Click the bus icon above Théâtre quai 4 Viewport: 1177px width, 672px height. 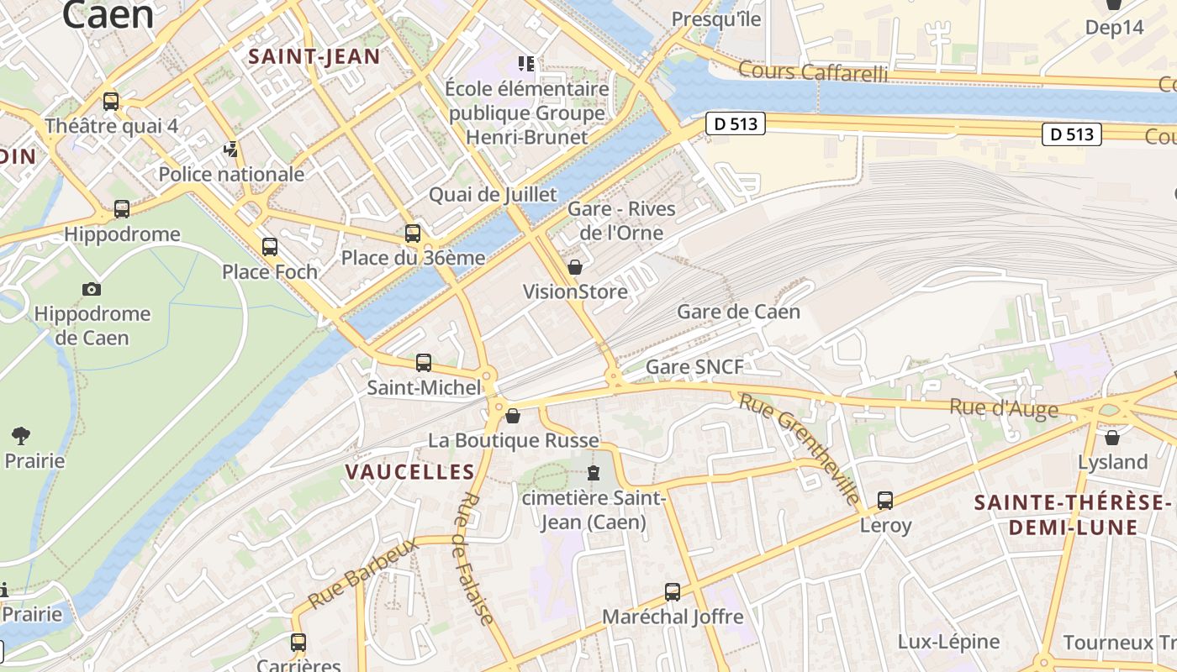pyautogui.click(x=111, y=102)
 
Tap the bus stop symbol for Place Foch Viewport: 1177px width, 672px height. pyautogui.click(x=270, y=247)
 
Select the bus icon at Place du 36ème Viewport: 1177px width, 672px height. pyautogui.click(x=413, y=234)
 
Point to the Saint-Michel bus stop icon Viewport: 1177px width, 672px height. pyautogui.click(x=424, y=363)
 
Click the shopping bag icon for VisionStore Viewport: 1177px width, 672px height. pyautogui.click(x=575, y=268)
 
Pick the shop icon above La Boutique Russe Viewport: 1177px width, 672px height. pyautogui.click(x=513, y=416)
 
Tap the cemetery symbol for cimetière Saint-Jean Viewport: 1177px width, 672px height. pyautogui.click(x=594, y=473)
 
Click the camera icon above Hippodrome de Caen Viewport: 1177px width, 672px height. pyautogui.click(x=92, y=290)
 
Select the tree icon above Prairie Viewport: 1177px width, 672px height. pyautogui.click(x=21, y=436)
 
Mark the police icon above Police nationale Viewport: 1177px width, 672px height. pyautogui.click(x=230, y=150)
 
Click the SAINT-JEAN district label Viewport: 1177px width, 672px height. pyautogui.click(x=314, y=57)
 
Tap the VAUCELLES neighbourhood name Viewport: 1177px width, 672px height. pyautogui.click(x=410, y=472)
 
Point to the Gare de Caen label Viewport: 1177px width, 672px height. pyautogui.click(x=738, y=312)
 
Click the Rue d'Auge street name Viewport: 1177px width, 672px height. pyautogui.click(x=1003, y=408)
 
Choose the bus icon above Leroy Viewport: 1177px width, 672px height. pyautogui.click(x=885, y=501)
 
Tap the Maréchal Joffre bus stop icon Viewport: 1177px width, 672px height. pyautogui.click(x=673, y=592)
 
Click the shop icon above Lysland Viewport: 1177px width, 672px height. pyautogui.click(x=1112, y=438)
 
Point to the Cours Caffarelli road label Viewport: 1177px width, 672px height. pyautogui.click(x=812, y=71)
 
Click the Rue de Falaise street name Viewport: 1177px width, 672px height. pyautogui.click(x=476, y=559)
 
